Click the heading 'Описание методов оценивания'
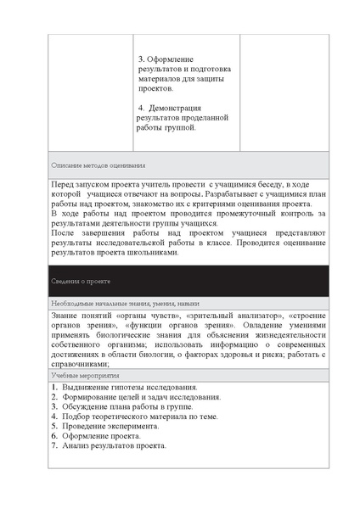click(98, 165)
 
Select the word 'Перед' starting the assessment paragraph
click(62, 183)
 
